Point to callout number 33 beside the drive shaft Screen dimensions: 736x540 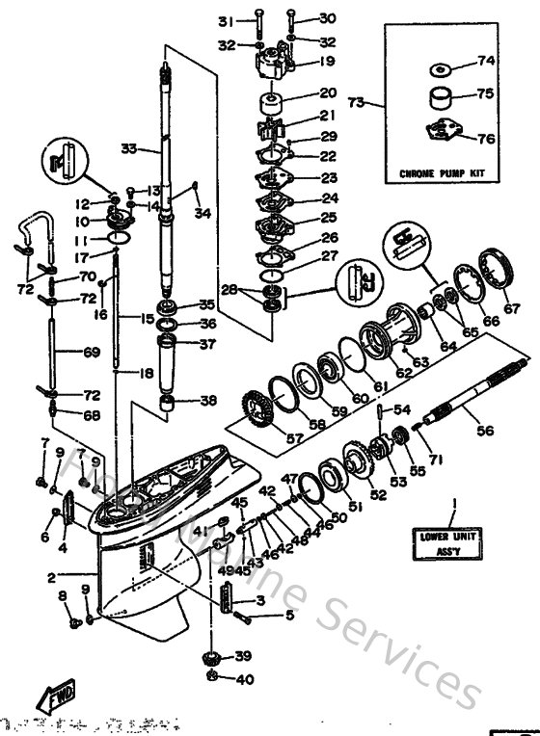pos(129,148)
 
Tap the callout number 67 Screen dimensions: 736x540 pos(511,310)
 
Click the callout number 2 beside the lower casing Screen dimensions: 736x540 pos(50,578)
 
